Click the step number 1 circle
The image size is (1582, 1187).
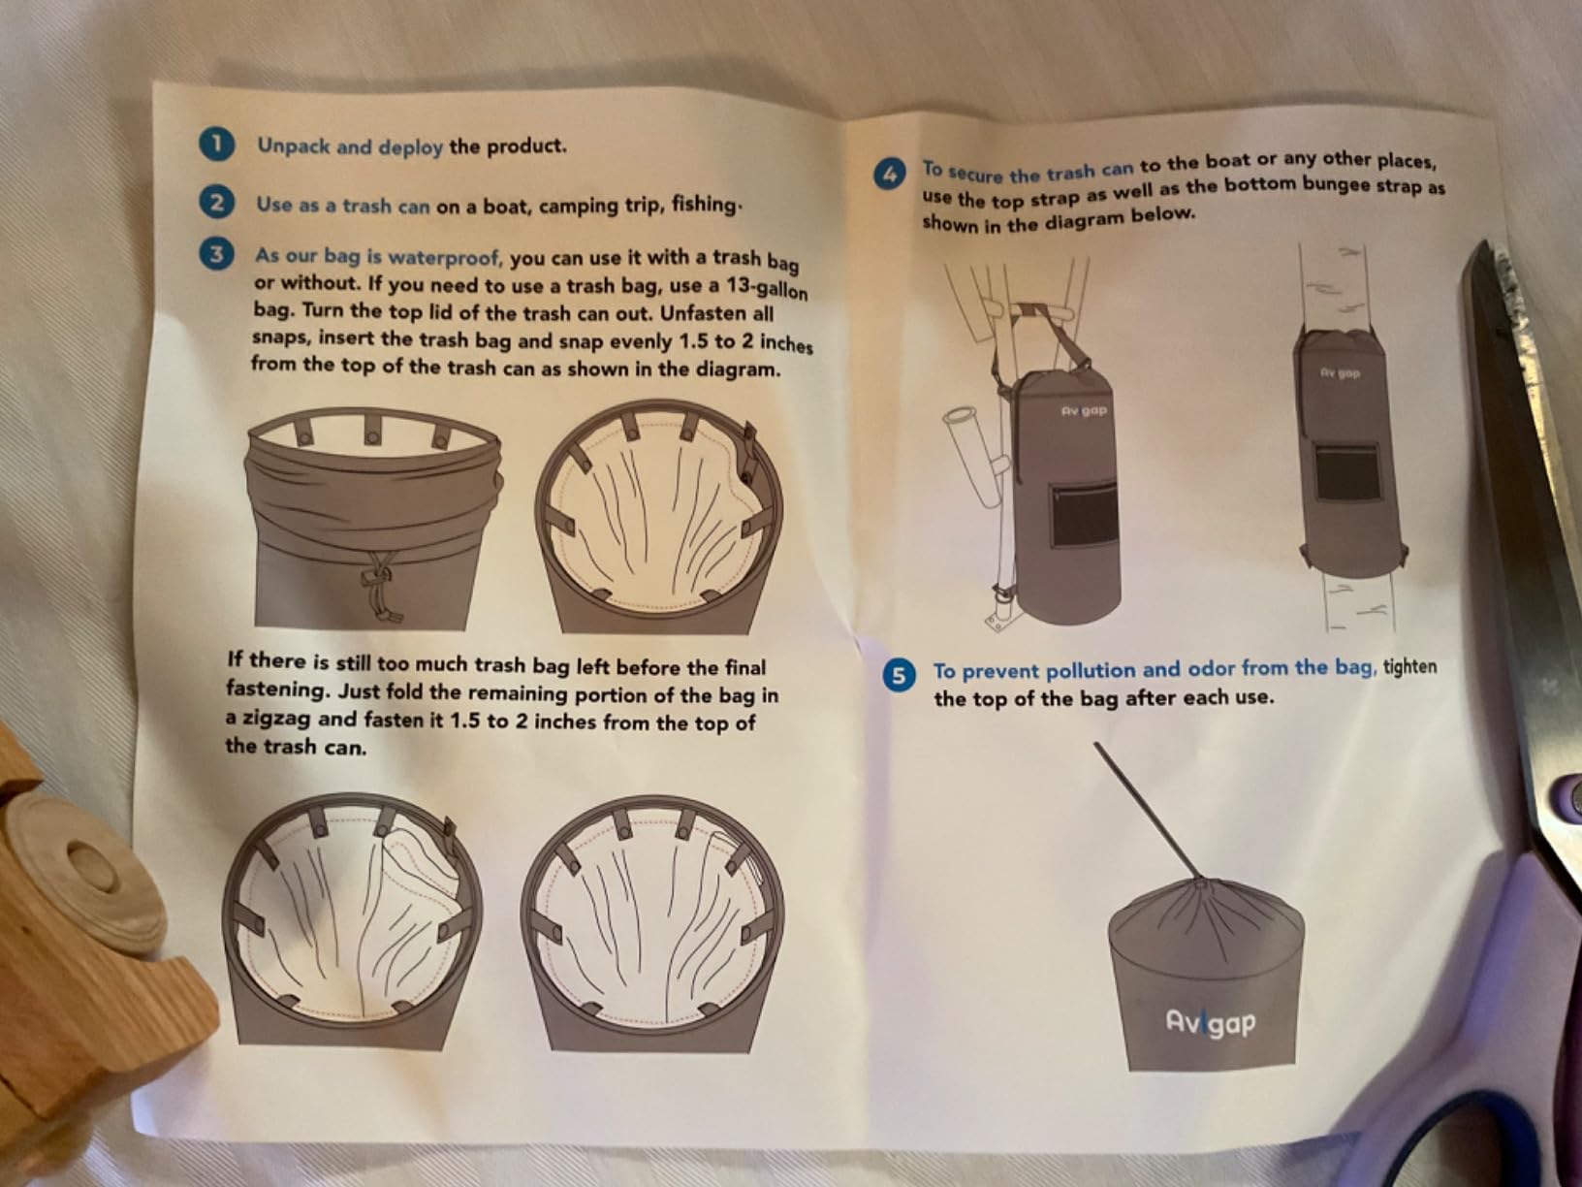coord(215,144)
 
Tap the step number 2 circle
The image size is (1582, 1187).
coord(215,203)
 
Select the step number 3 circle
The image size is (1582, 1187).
coord(215,255)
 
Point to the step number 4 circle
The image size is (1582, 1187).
coord(889,175)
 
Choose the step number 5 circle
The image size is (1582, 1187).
coord(900,675)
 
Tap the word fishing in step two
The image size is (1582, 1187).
coord(704,205)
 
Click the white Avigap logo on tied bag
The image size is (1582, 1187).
coord(1210,1022)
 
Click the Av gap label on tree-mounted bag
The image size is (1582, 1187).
coord(1340,372)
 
